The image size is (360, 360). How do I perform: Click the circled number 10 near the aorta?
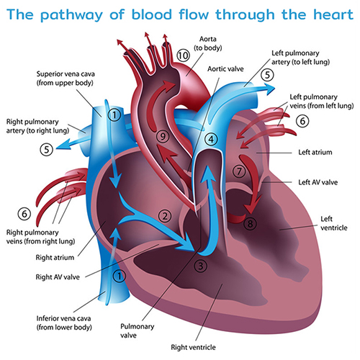(183, 55)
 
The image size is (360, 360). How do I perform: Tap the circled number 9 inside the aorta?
(163, 136)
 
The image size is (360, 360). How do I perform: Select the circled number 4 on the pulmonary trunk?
(211, 139)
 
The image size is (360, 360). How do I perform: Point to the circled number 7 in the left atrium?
(239, 171)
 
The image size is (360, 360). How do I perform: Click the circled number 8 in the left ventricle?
(250, 224)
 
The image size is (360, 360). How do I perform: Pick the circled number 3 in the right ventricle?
(200, 266)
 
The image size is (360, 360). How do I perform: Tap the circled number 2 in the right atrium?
(165, 216)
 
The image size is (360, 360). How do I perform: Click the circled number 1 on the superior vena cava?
(114, 115)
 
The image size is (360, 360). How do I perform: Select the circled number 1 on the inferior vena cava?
(119, 276)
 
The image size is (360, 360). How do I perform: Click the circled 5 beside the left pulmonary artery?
(267, 75)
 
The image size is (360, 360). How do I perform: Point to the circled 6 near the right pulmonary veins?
(24, 214)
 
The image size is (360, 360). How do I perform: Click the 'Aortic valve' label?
(225, 69)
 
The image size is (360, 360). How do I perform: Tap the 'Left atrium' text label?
(315, 152)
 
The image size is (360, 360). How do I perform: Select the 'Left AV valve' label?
(318, 182)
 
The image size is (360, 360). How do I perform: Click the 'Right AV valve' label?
(58, 277)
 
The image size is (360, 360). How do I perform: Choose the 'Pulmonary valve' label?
(137, 330)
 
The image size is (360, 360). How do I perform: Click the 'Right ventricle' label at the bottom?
(193, 347)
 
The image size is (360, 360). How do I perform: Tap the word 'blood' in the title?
(152, 14)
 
